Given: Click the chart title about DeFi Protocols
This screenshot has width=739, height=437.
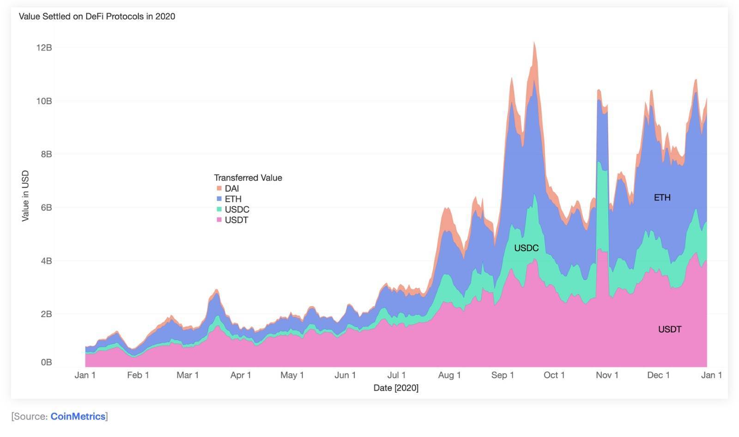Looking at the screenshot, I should [97, 17].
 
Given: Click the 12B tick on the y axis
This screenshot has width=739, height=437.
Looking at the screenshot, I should [44, 48].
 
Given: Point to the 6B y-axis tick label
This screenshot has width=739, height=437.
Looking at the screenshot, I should [46, 208].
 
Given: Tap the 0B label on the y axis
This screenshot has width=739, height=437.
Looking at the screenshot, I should [46, 362].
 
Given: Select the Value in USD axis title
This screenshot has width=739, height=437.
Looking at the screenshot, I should [25, 196].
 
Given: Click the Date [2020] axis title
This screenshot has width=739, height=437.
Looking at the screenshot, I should [396, 388].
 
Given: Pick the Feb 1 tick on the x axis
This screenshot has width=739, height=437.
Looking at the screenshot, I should [138, 375].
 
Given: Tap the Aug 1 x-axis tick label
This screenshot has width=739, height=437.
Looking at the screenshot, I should [449, 375].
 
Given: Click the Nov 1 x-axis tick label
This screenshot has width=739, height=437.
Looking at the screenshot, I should [607, 375].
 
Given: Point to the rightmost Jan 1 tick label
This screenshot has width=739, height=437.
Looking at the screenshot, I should [711, 375].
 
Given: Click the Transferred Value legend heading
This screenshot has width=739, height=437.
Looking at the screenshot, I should [248, 178].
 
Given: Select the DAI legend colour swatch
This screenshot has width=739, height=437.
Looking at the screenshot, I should [219, 188].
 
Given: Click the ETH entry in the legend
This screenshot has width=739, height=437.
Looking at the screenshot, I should [233, 199].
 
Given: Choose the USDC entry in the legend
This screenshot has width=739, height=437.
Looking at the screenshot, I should [236, 210].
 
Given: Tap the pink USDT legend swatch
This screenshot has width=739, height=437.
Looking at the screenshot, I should [219, 220].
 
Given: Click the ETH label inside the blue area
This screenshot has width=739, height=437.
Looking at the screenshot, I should [662, 198].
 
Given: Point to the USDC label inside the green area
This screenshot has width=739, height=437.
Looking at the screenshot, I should [526, 248].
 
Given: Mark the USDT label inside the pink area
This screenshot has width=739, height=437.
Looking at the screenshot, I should [670, 329].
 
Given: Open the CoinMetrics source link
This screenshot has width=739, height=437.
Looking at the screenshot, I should [78, 416].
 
